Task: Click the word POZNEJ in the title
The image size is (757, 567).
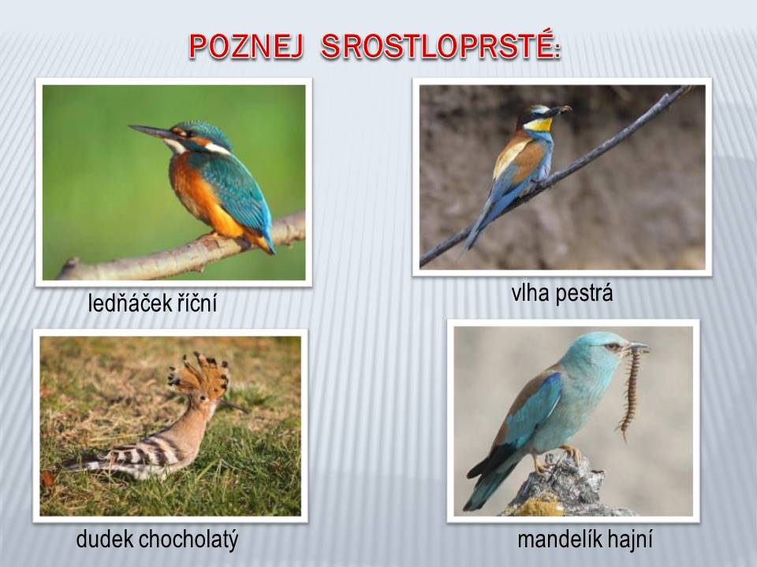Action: [246, 46]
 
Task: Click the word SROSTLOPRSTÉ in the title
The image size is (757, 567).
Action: [440, 46]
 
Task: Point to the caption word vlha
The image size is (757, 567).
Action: [530, 293]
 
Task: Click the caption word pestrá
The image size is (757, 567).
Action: [584, 294]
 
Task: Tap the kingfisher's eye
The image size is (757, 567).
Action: [189, 133]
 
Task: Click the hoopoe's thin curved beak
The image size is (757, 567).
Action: [233, 406]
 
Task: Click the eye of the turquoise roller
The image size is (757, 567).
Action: [614, 346]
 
